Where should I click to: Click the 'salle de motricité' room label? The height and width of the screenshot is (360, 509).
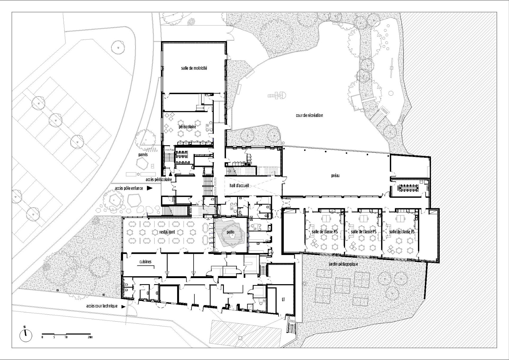coord(194,68)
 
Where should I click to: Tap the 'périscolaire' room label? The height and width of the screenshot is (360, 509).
coord(187,127)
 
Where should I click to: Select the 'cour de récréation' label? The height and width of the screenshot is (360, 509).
coord(309,115)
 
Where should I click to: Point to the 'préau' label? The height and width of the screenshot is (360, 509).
coord(335,176)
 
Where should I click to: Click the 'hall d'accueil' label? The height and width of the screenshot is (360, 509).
coord(239,186)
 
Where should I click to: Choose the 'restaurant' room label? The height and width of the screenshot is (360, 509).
coord(167,232)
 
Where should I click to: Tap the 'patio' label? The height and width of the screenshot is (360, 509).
coord(230,232)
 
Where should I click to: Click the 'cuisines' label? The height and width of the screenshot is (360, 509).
coord(145,262)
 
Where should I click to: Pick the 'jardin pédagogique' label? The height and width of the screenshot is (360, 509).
coord(343,264)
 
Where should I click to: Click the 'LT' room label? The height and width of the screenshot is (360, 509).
coord(283,300)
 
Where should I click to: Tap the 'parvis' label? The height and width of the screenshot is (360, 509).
coord(143,155)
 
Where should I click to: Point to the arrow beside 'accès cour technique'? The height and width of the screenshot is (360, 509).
coord(123,306)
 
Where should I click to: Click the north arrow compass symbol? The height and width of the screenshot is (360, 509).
coord(26,335)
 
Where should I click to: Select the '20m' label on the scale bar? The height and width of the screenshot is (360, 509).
coord(90,337)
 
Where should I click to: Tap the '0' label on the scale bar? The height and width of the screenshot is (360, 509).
coord(42,337)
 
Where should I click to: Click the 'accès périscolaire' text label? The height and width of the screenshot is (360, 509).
coord(158,179)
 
